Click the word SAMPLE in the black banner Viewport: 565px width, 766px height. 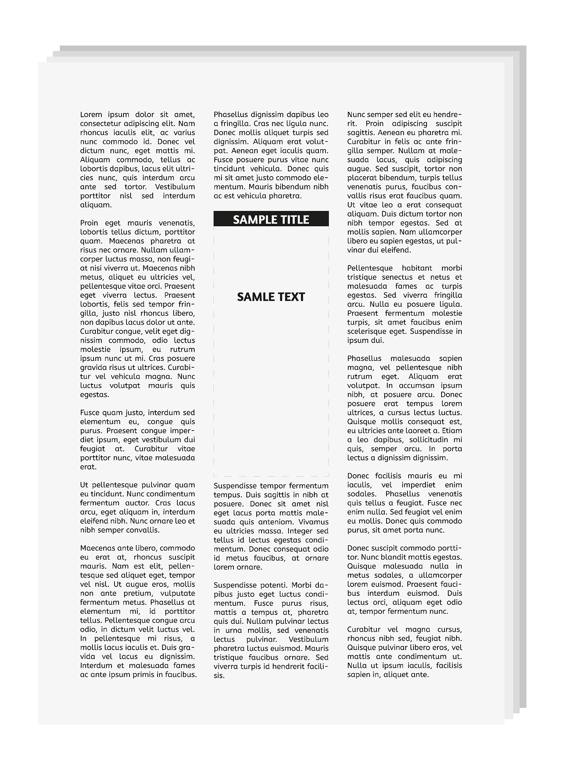pyautogui.click(x=252, y=220)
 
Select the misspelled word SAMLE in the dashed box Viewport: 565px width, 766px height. pyautogui.click(x=255, y=297)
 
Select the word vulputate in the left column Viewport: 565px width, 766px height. pyautogui.click(x=177, y=594)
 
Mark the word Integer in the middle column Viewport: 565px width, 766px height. pyautogui.click(x=300, y=531)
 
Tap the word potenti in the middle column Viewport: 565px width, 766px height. pyautogui.click(x=274, y=585)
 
